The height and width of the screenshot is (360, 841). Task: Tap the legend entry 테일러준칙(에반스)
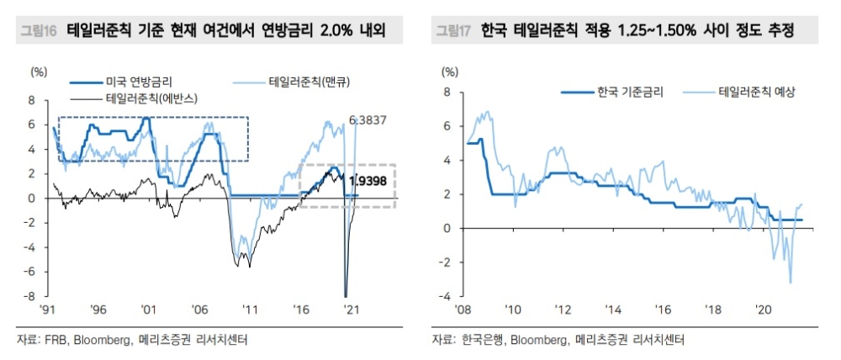(151, 98)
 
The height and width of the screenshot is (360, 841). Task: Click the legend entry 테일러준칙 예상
(757, 92)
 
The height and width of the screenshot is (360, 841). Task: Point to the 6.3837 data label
(368, 120)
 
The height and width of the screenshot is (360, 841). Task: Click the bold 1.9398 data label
(367, 181)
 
